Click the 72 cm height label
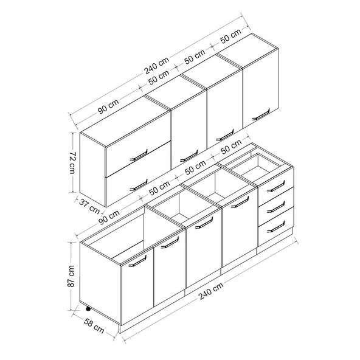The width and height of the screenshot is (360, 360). point(72,162)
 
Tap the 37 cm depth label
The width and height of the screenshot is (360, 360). point(90,206)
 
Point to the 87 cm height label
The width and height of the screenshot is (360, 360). point(71,276)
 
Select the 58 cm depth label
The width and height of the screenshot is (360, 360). point(94,326)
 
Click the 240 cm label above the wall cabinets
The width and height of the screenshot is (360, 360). point(156,65)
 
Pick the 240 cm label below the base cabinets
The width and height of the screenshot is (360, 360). point(211,291)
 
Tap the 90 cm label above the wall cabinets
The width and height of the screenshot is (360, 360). point(108,106)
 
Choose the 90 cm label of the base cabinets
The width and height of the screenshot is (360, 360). point(109,216)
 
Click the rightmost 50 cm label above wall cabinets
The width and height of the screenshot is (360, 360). point(230,36)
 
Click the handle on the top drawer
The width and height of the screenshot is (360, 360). point(275,186)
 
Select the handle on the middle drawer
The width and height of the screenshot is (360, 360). point(275,207)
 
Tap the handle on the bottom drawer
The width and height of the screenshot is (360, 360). point(275,227)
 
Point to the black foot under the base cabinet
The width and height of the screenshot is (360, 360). point(88,309)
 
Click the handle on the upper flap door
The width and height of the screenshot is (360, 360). point(139,156)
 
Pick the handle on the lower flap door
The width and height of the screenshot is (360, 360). point(139,185)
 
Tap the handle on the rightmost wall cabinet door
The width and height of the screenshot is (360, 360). point(261,114)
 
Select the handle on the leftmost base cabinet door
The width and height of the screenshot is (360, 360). point(137,261)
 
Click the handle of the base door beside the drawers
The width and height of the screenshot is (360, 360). point(240,202)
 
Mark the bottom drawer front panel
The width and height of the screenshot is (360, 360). point(275,227)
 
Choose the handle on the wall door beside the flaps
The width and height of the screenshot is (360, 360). point(189,156)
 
